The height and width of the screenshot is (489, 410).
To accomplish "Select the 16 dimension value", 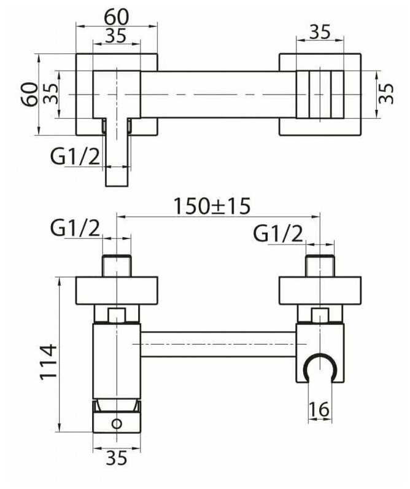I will [320, 409].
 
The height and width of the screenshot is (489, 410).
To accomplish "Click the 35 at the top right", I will [319, 32].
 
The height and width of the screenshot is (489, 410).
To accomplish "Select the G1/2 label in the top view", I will [75, 158].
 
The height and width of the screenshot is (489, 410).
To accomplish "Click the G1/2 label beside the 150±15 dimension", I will [75, 229].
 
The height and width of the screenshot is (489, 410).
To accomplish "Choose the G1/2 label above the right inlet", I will [278, 233].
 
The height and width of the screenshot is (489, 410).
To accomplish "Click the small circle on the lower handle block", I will [116, 423].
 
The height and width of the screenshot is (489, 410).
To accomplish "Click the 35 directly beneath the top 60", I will [117, 35].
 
